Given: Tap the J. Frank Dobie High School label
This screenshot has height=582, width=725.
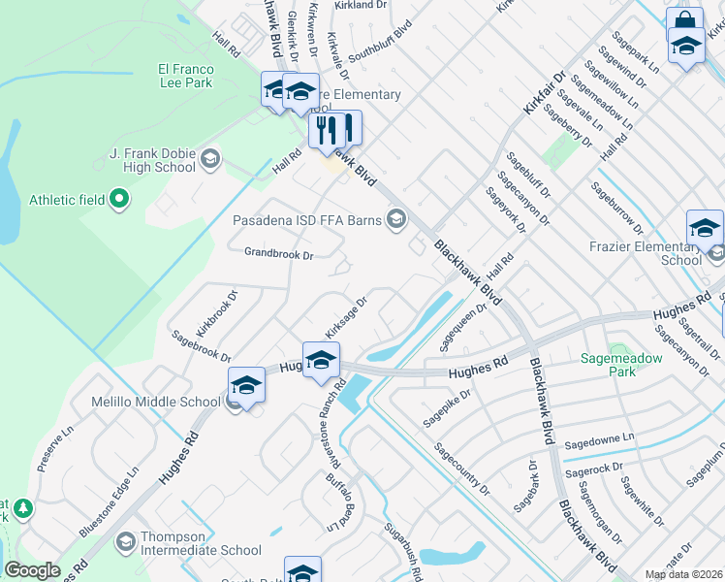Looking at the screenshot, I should point(152,160).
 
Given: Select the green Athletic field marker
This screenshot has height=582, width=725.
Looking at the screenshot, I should point(120,200).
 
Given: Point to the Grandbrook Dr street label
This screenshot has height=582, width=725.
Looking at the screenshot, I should point(279,255).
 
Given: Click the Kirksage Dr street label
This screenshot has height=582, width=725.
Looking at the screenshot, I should point(347,318).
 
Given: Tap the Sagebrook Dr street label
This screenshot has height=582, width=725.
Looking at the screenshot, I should point(201,345).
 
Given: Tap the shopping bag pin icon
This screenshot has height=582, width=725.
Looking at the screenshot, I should point(684,21).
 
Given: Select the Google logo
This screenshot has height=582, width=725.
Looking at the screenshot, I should point(32,570).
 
